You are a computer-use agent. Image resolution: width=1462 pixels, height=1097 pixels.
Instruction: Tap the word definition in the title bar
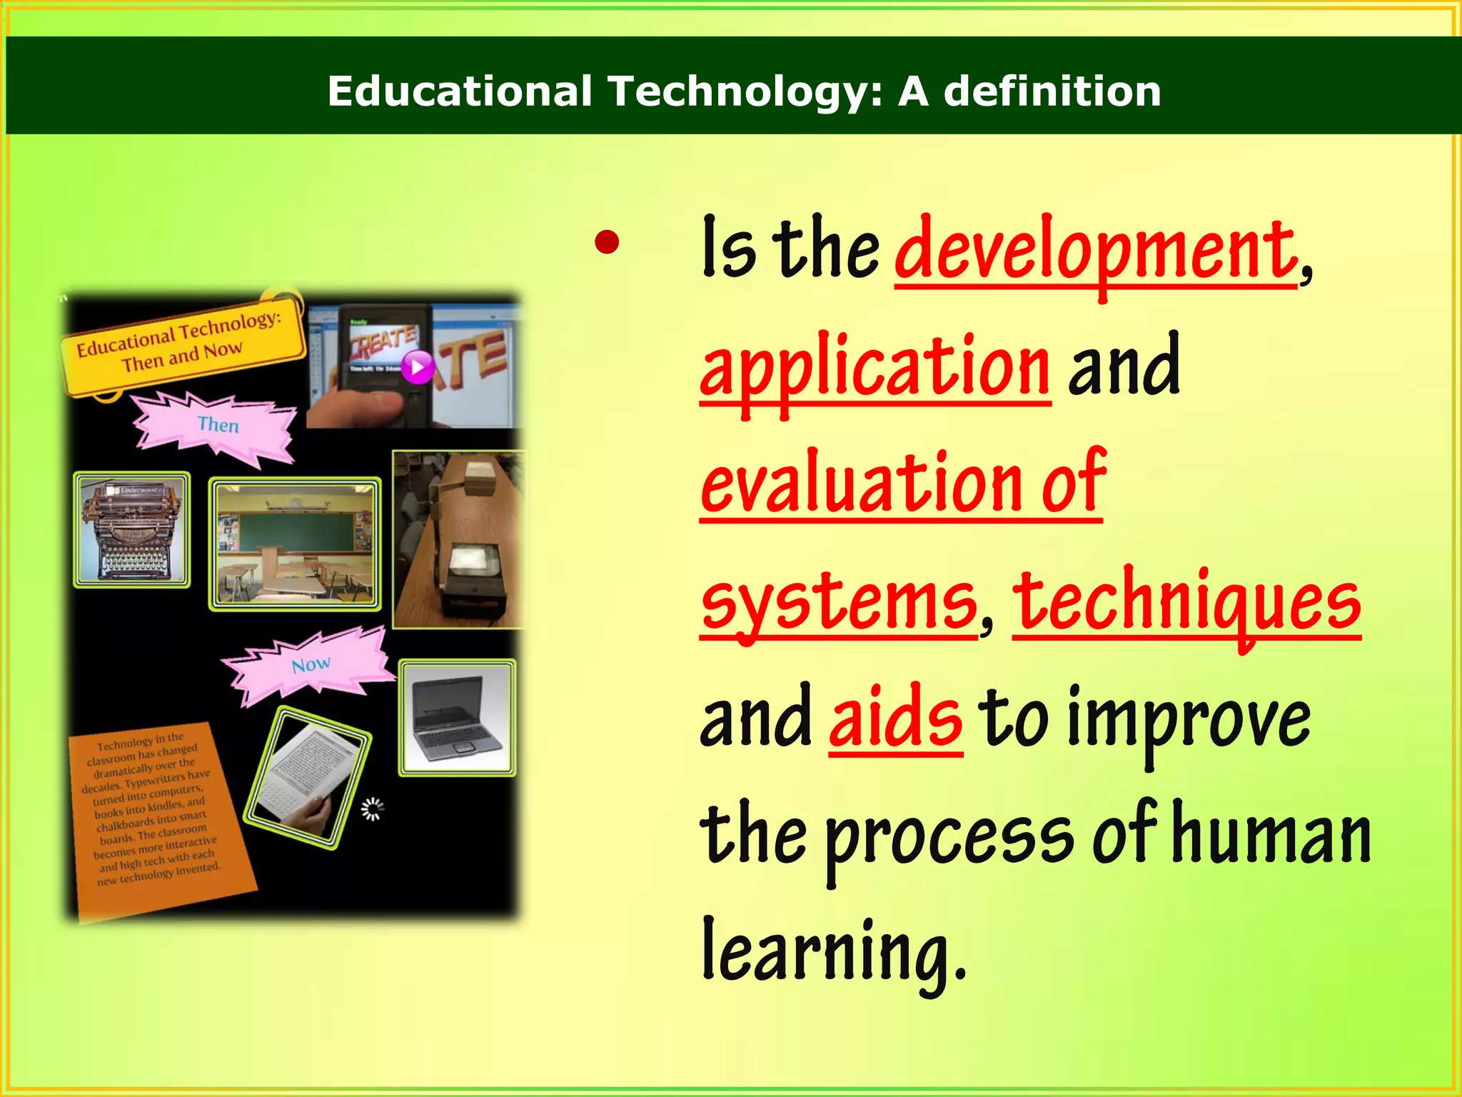click(1052, 91)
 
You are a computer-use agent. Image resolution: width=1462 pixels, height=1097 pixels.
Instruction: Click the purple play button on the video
click(418, 368)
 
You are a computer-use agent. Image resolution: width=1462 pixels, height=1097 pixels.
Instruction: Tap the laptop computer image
click(457, 718)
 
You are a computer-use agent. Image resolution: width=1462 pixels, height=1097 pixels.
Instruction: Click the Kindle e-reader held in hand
click(307, 777)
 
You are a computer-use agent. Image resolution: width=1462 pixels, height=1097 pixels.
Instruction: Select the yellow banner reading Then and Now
click(182, 344)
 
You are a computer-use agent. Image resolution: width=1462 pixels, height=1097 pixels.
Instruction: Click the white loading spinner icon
click(372, 809)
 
